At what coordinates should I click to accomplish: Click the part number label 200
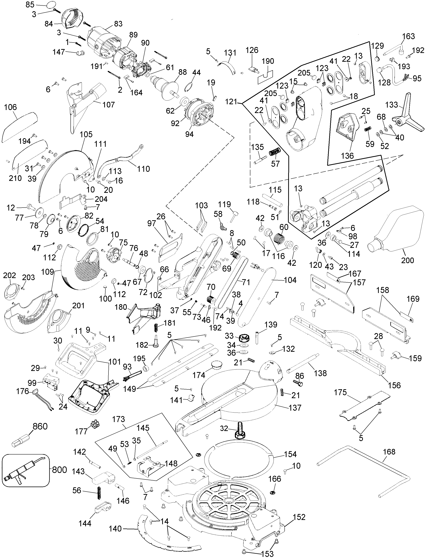pyautogui.click(x=407, y=260)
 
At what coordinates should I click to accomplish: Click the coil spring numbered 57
pyautogui.click(x=275, y=152)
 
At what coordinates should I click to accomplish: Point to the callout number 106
pyautogui.click(x=11, y=107)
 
